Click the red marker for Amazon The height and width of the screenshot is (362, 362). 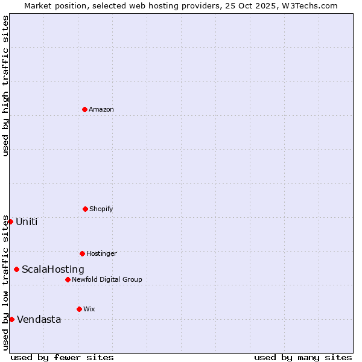click(x=84, y=109)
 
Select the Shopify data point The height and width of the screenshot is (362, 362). click(x=85, y=209)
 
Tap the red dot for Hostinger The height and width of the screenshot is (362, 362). click(x=82, y=253)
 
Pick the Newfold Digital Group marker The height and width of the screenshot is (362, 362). click(x=68, y=279)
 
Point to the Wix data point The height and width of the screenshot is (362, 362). click(x=79, y=309)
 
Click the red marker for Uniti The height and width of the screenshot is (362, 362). click(x=10, y=221)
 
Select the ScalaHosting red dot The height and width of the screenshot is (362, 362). click(x=16, y=269)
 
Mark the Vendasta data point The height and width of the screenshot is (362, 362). click(x=11, y=319)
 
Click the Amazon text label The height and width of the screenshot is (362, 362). click(x=101, y=110)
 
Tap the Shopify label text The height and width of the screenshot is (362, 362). click(x=101, y=209)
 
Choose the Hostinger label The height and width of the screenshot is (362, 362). click(x=101, y=254)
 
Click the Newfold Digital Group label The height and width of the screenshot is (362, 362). click(x=107, y=280)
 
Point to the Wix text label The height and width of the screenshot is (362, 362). click(x=89, y=310)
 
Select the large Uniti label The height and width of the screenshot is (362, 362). click(x=27, y=222)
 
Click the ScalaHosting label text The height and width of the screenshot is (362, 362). click(x=53, y=270)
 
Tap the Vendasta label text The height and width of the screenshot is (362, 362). click(x=39, y=320)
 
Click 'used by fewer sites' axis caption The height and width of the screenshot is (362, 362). click(x=62, y=357)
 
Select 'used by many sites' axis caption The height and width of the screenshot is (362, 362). click(x=303, y=357)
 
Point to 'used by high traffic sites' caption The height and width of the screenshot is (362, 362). click(x=5, y=86)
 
